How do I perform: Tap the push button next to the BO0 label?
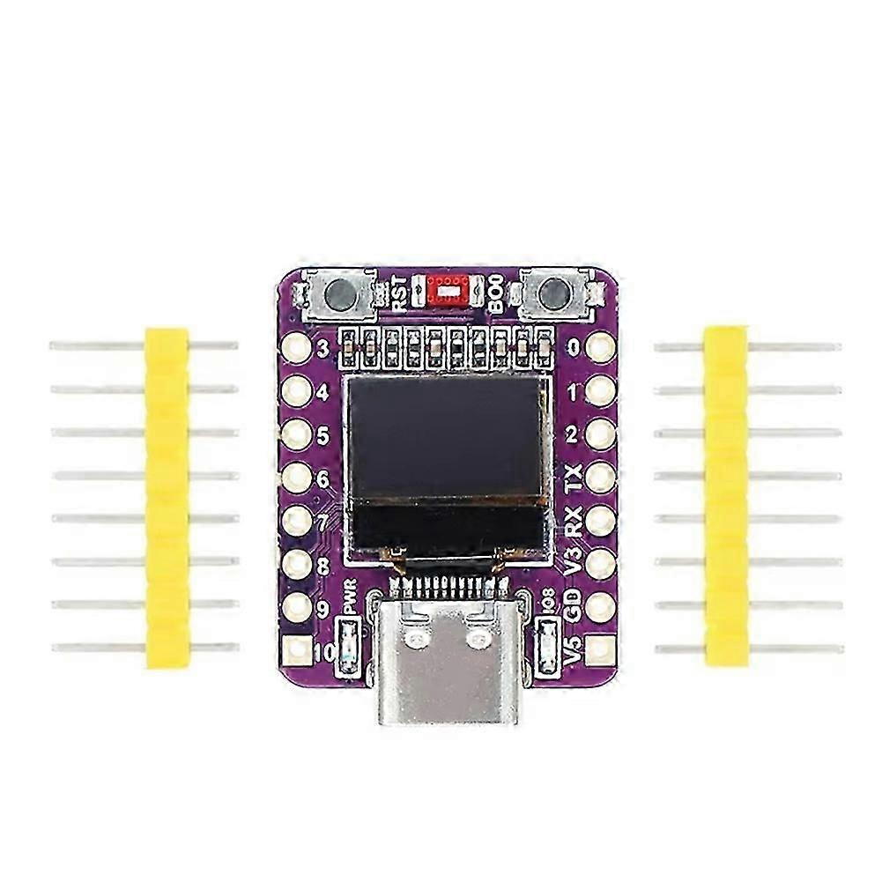tap(552, 293)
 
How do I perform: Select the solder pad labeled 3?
tap(297, 346)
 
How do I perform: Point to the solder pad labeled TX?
tap(601, 478)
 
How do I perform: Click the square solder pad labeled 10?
tap(298, 650)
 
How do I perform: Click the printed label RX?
tap(574, 520)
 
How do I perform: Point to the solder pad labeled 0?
tap(601, 346)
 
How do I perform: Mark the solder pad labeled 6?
tap(297, 478)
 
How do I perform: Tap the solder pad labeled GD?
tap(601, 606)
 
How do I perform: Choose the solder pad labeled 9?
tap(297, 606)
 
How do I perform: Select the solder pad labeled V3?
tap(601, 563)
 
